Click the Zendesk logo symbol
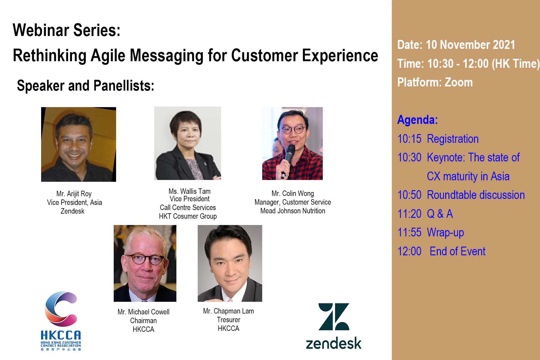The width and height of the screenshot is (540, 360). click(334, 316)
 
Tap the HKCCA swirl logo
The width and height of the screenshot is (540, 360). click(61, 309)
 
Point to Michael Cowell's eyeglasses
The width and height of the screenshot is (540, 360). click(145, 259)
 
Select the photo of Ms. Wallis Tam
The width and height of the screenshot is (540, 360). click(187, 143)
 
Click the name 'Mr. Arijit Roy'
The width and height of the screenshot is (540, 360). click(74, 194)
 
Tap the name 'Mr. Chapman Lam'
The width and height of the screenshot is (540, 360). click(228, 311)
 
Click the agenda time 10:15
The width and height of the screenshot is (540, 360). click(409, 139)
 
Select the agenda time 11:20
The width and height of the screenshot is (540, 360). click(409, 214)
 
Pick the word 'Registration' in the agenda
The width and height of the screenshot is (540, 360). click(453, 139)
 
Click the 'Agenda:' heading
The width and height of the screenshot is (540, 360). click(418, 120)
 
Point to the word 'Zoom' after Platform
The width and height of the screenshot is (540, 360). click(459, 82)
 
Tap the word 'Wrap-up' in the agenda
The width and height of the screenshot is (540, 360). click(445, 233)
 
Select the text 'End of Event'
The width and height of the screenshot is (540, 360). click(457, 251)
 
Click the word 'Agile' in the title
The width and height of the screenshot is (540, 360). click(108, 55)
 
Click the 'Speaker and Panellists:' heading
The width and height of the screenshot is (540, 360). click(85, 86)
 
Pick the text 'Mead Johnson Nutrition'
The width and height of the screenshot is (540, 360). click(293, 211)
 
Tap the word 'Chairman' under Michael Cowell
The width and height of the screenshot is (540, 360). click(143, 321)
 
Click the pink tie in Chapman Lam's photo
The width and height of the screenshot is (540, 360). click(230, 300)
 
